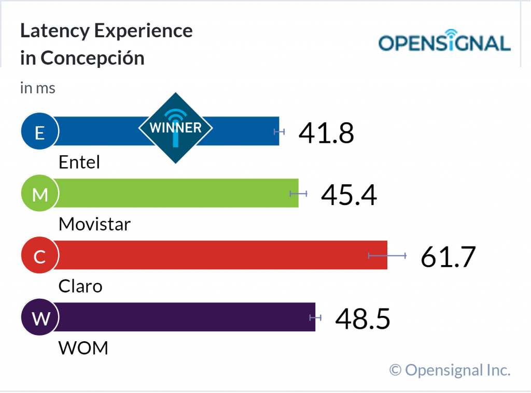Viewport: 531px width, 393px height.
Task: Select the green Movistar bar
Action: pos(176,193)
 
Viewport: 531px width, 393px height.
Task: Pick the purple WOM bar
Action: pos(187,317)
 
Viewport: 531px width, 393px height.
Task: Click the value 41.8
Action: pos(326,133)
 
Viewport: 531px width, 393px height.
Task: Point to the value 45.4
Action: pos(348,195)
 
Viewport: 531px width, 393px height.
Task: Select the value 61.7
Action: pos(448,257)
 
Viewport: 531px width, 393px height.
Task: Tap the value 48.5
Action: pos(362,318)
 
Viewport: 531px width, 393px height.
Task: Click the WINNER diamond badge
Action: pos(176,127)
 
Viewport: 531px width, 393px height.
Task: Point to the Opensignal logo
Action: pos(444,43)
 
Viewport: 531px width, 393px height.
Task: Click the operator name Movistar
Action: pos(94,224)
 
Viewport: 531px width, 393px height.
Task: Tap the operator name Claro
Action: pos(80,286)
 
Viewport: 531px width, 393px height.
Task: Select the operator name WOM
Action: pos(83,348)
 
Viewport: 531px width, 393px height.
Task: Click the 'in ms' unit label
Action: pos(37,88)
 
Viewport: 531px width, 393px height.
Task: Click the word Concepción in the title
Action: pos(92,58)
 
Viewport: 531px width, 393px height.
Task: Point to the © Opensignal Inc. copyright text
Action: pos(450,370)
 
